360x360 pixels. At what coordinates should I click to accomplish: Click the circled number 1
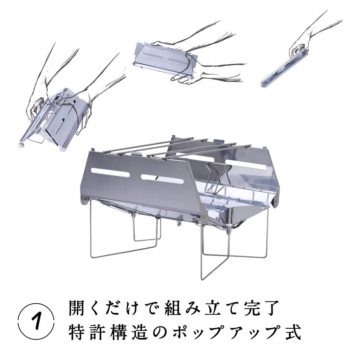(36, 322)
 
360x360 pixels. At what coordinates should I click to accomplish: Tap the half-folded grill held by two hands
(164, 60)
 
